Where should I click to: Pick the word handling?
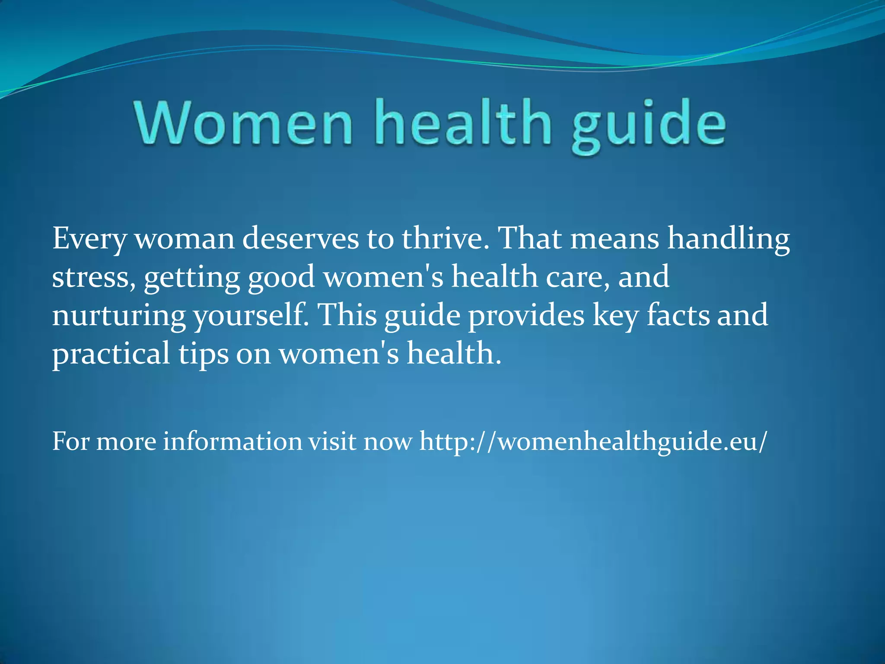pyautogui.click(x=729, y=239)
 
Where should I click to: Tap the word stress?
pyautogui.click(x=91, y=277)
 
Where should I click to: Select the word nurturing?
pyautogui.click(x=119, y=316)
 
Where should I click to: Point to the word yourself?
pyautogui.click(x=251, y=316)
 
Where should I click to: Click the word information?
pyautogui.click(x=232, y=441)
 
